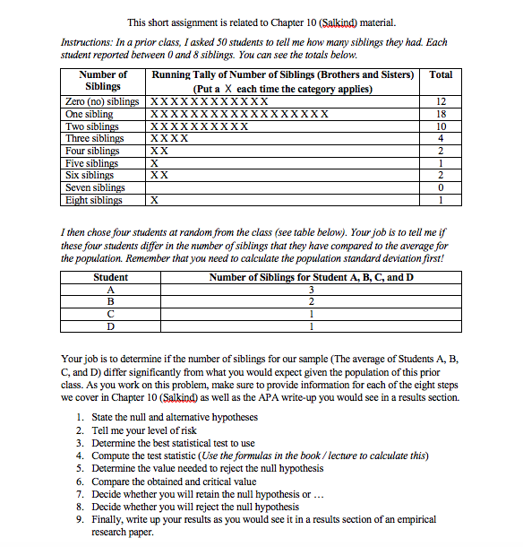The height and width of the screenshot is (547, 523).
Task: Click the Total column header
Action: [441, 75]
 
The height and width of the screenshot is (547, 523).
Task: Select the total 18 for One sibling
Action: [441, 115]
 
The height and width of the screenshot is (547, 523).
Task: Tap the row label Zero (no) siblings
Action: [103, 102]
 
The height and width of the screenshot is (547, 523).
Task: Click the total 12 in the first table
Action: [441, 102]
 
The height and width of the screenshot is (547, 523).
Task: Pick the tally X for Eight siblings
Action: [154, 201]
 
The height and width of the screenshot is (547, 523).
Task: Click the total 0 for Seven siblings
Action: [441, 188]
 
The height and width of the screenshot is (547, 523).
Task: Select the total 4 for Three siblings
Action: [441, 139]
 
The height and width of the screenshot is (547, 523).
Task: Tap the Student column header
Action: [110, 277]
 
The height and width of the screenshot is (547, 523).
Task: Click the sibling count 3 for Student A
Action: [311, 290]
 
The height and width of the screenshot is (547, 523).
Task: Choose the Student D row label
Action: [110, 326]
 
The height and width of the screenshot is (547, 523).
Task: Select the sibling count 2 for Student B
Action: [311, 302]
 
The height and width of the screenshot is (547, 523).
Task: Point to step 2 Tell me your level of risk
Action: [153, 430]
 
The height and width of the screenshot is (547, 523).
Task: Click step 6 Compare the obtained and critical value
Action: [173, 482]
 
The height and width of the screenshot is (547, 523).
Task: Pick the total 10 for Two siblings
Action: [441, 127]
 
